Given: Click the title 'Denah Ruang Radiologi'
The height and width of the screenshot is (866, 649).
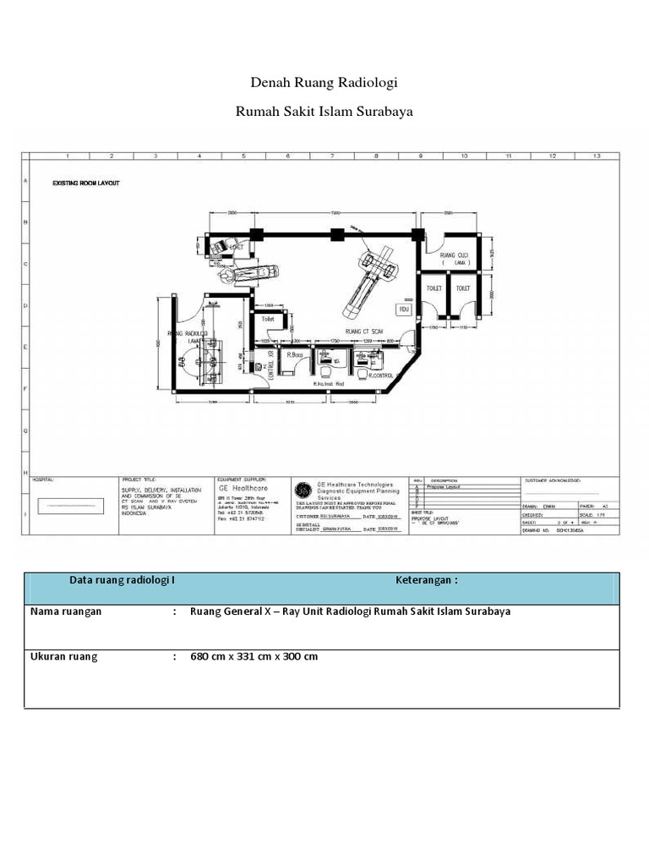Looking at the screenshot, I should click(x=324, y=83).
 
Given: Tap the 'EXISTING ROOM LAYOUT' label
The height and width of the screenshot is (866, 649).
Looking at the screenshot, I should click(x=86, y=183).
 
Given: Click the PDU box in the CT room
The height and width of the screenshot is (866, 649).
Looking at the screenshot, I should click(x=404, y=310).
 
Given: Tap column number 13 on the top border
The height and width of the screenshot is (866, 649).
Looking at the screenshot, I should click(x=597, y=156).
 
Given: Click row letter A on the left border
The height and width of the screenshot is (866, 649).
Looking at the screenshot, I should click(x=25, y=181).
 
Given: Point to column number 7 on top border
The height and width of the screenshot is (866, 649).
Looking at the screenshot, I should click(x=332, y=156).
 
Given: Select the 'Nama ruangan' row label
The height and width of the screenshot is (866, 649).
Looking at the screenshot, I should click(x=66, y=611).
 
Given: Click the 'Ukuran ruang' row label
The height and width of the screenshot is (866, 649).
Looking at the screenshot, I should click(x=63, y=656).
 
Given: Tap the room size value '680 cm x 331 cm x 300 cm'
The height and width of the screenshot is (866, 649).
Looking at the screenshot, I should click(x=254, y=656).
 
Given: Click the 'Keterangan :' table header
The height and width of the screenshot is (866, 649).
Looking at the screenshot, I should click(x=426, y=580).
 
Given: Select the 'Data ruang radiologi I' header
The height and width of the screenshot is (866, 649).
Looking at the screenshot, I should click(x=122, y=580).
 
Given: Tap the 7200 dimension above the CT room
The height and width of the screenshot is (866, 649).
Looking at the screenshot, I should click(x=335, y=213).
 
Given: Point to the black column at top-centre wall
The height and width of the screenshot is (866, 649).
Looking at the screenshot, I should click(x=336, y=234).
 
